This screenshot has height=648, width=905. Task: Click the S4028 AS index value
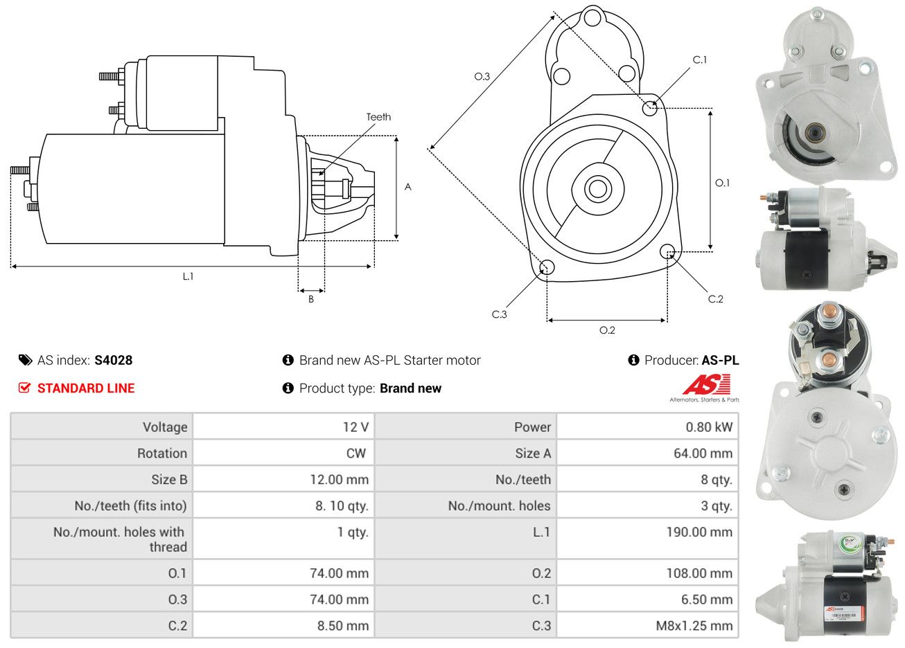pyautogui.click(x=113, y=360)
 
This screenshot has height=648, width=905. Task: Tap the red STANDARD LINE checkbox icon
pyautogui.click(x=24, y=388)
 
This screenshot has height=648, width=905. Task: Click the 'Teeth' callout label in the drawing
pyautogui.click(x=378, y=117)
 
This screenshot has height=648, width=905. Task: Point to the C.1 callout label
pyautogui.click(x=700, y=60)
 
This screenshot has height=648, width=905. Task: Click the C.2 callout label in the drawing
pyautogui.click(x=715, y=299)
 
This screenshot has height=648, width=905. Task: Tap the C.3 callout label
pyautogui.click(x=499, y=314)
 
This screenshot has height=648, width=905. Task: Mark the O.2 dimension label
pyautogui.click(x=607, y=330)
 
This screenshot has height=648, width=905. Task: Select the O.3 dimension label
pyautogui.click(x=482, y=76)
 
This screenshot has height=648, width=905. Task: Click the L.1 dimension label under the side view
pyautogui.click(x=188, y=276)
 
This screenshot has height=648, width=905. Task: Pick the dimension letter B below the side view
pyautogui.click(x=311, y=299)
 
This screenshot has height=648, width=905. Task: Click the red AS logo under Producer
pyautogui.click(x=707, y=385)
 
